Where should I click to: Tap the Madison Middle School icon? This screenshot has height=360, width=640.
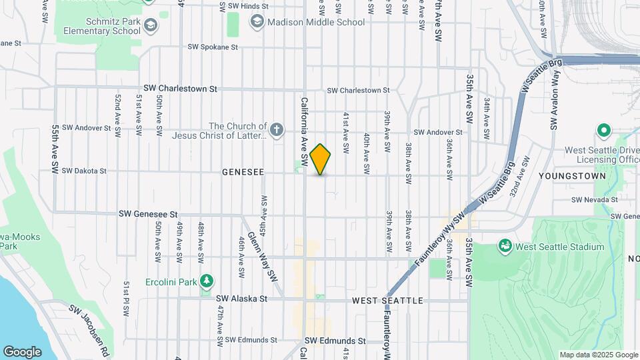pyautogui.click(x=257, y=22)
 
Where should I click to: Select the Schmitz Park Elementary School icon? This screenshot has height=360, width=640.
pyautogui.click(x=151, y=25)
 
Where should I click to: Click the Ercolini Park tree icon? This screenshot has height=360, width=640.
pyautogui.click(x=207, y=281)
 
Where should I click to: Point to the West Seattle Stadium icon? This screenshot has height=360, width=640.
pyautogui.click(x=505, y=247)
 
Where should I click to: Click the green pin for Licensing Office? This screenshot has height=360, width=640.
pyautogui.click(x=605, y=130)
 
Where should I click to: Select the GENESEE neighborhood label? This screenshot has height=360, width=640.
pyautogui.click(x=243, y=172)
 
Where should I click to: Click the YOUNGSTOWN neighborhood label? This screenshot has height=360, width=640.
pyautogui.click(x=579, y=177)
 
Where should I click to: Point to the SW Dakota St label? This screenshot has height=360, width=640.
pyautogui.click(x=84, y=171)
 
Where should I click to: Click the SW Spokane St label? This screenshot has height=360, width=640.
pyautogui.click(x=213, y=47)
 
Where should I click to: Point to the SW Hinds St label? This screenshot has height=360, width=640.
pyautogui.click(x=247, y=6)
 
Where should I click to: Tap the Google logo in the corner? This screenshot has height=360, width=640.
pyautogui.click(x=22, y=351)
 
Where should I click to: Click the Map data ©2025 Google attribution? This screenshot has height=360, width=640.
pyautogui.click(x=598, y=355)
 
